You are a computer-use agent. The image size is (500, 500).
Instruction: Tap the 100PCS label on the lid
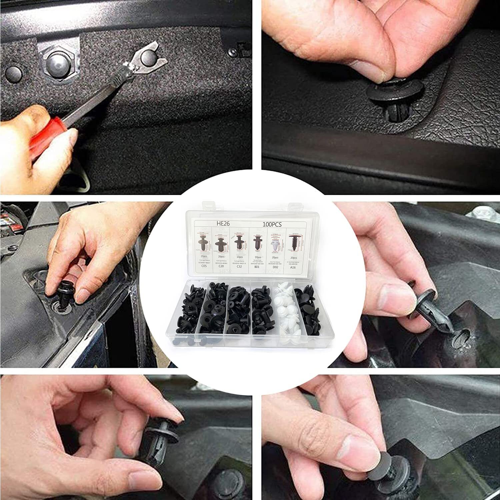point(272,224)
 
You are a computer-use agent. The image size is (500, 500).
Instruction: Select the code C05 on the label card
point(203,267)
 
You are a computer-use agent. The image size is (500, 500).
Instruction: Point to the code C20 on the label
point(221,267)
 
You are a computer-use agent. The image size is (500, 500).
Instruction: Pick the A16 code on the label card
point(293,267)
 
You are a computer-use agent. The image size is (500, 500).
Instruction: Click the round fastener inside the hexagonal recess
point(57,62)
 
